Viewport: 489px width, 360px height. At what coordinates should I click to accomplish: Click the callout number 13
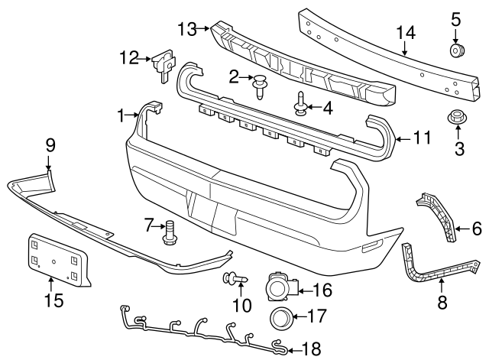point(187,29)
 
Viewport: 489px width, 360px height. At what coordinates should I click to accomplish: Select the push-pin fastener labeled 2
point(260,86)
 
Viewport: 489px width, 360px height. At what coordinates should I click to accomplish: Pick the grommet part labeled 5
point(456,52)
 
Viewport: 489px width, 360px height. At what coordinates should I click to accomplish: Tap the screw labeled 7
point(169,232)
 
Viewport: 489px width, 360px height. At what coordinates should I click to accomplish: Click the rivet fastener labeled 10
point(232,277)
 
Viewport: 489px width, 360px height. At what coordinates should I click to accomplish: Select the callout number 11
point(422,138)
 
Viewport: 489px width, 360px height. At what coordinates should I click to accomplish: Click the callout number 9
point(50,143)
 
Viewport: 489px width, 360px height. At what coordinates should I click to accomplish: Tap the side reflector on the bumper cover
point(372,245)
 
